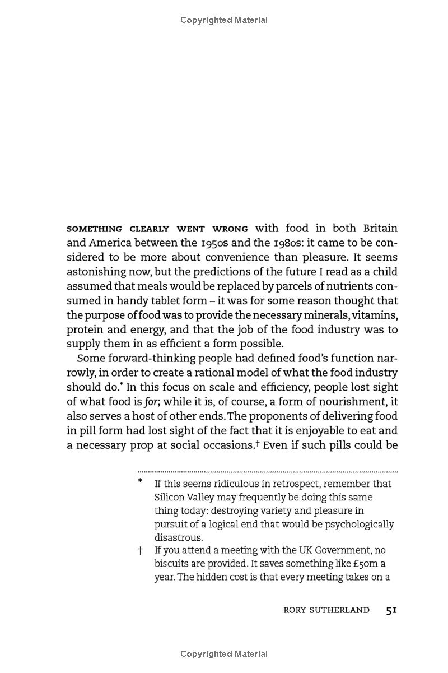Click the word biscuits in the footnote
(x=171, y=564)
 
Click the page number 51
(x=391, y=610)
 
